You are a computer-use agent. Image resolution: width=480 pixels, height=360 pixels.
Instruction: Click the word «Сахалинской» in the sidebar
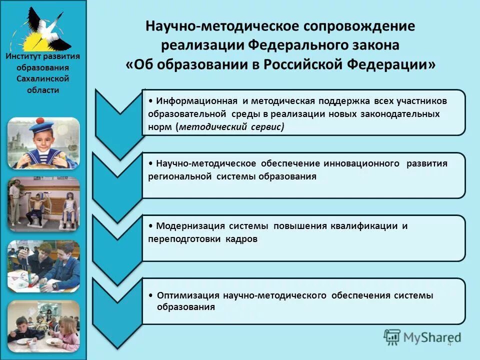(43, 79)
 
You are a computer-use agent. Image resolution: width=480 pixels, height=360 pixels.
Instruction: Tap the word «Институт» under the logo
(25, 57)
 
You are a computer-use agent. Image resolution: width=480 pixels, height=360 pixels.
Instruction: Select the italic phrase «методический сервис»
(230, 127)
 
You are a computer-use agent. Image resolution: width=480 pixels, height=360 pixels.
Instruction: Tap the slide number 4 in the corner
(449, 343)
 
